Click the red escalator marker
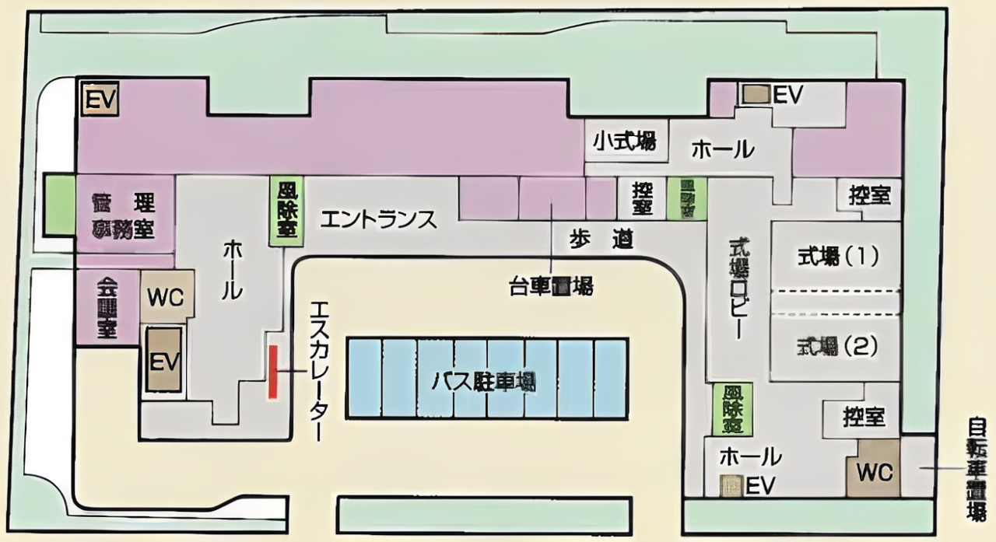tap(273, 372)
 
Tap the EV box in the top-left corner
tap(100, 100)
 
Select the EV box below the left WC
tap(164, 360)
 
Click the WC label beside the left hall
tap(165, 298)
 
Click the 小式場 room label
tap(625, 142)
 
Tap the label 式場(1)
tap(836, 256)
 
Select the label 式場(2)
tap(836, 345)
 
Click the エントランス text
tap(378, 220)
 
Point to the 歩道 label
tap(598, 240)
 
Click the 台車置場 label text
tap(551, 287)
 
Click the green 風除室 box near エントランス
tap(286, 212)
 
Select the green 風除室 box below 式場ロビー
tap(731, 409)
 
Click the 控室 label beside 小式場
tap(643, 198)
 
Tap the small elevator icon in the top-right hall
tap(753, 94)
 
